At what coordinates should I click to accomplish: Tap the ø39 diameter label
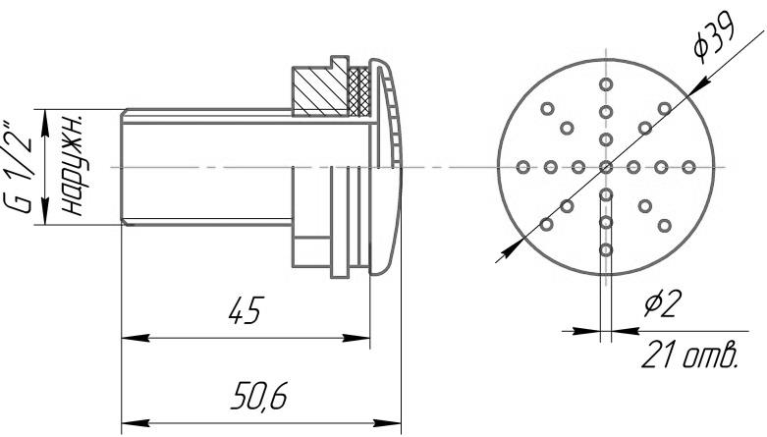pos(715,40)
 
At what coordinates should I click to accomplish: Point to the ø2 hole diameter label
pos(662,302)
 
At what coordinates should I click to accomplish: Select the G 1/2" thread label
pos(22,167)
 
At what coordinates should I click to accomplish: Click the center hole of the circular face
pos(606,167)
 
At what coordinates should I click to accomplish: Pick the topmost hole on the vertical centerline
pos(606,84)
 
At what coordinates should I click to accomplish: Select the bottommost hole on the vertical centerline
pos(606,250)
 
